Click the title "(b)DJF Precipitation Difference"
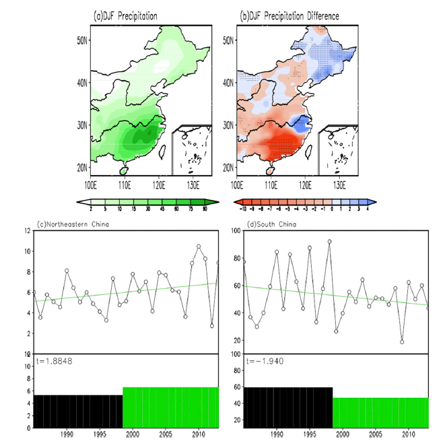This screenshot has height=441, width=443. click(290, 15)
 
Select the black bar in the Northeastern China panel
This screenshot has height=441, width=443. click(78, 411)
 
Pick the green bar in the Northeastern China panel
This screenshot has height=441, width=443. click(170, 407)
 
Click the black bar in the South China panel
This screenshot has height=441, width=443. click(287, 407)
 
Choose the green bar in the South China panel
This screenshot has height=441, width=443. click(380, 412)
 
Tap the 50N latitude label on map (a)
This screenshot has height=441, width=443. click(81, 40)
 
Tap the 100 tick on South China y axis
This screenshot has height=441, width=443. click(234, 231)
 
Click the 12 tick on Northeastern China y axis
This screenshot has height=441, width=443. click(28, 231)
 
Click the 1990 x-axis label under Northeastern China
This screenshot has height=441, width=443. click(67, 435)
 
